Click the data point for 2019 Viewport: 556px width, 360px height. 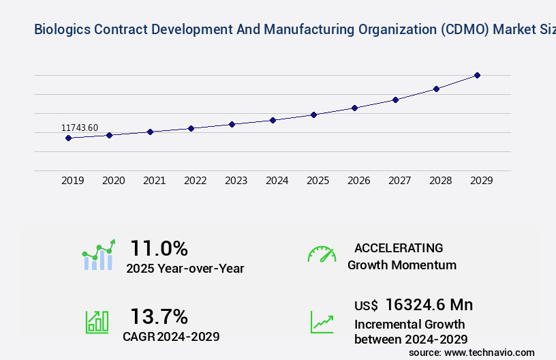[68, 138]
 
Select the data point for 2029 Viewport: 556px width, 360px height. [477, 75]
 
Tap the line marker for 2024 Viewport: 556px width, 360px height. [273, 120]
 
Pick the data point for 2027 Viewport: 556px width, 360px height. [395, 100]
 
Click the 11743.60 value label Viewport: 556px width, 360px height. [80, 127]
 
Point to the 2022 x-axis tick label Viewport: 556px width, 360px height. [196, 181]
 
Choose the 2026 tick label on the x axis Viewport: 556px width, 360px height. [359, 181]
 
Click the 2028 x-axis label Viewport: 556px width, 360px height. [441, 181]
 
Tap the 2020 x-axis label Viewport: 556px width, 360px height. [114, 181]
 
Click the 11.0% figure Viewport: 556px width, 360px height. [159, 248]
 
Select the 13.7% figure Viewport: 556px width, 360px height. [159, 316]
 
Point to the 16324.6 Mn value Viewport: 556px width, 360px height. [429, 305]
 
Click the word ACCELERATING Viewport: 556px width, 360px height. [399, 248]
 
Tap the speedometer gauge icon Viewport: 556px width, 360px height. [322, 254]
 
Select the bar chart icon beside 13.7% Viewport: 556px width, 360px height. [97, 322]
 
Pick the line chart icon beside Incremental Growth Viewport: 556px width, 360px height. [322, 322]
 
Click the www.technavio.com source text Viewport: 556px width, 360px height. [489, 352]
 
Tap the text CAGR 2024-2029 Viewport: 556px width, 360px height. [171, 336]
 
